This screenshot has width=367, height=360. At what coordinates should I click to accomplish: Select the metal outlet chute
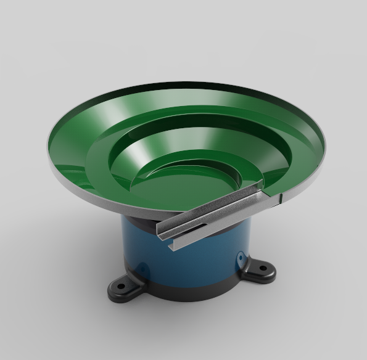pos(210,216)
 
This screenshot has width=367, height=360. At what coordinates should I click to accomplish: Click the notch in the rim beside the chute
pos(281,198)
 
